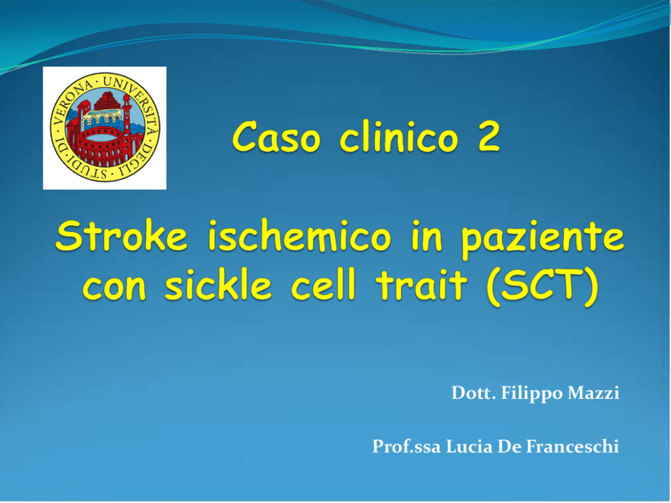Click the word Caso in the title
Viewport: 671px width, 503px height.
[277, 137]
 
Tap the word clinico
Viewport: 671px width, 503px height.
[399, 137]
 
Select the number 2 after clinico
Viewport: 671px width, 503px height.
[488, 137]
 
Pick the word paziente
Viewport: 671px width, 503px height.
[542, 239]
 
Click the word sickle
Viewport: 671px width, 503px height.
[218, 284]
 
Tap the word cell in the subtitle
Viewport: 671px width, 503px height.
[323, 284]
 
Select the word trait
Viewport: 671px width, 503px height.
[421, 285]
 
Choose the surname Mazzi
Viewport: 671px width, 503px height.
[593, 393]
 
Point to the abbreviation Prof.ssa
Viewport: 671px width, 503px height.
[406, 446]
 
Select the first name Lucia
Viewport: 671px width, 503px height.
[469, 446]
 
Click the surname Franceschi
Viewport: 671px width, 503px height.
[572, 446]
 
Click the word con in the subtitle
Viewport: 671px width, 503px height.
[114, 287]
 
